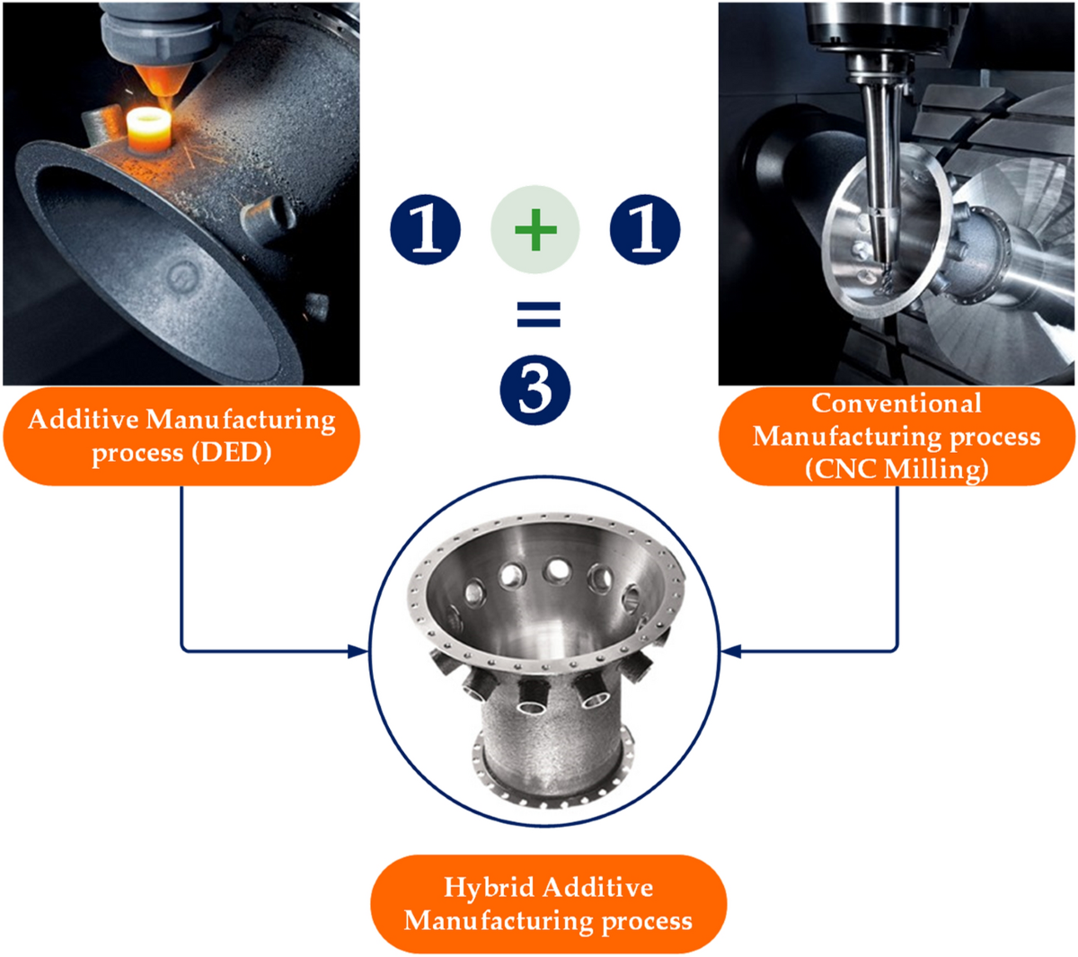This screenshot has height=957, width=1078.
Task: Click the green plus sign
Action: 535,230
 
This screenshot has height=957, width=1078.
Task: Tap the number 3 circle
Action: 535,390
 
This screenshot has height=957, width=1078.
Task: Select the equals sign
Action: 538,315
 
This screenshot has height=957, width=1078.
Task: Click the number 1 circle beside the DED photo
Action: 425,230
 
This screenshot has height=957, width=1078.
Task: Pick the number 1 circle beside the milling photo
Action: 644,230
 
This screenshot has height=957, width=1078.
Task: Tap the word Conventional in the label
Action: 897,403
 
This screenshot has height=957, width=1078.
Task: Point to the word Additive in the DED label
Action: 83,420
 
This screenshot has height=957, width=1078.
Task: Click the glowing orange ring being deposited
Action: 149,129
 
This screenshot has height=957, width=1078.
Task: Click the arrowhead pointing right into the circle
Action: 358,651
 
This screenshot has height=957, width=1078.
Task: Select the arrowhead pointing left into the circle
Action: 730,651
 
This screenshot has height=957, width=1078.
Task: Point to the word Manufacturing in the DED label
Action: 241,420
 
